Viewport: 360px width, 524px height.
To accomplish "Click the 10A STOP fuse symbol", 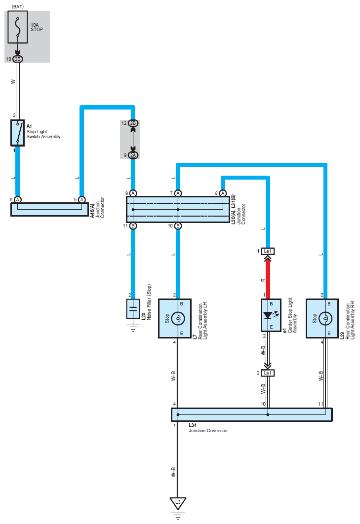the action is (18, 27).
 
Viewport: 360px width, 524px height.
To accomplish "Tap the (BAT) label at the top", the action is (18, 6).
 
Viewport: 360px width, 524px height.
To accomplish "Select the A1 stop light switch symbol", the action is (17, 133).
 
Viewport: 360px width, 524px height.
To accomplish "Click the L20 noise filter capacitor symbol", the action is (133, 309).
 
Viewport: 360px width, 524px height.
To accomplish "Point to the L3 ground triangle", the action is (178, 503).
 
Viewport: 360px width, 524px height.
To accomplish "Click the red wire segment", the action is (268, 279).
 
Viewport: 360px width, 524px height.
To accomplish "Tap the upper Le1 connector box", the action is (268, 251).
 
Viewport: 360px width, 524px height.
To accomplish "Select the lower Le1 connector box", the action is (268, 373).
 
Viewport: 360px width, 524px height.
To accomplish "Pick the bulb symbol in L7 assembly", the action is (178, 318).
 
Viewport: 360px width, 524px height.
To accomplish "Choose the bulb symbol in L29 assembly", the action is (325, 318).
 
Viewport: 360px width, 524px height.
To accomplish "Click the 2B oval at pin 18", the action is (18, 59).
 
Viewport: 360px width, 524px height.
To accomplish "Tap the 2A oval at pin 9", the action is (133, 155).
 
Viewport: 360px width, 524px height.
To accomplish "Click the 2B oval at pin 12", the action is (133, 123).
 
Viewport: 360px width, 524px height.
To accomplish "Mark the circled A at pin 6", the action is (18, 199).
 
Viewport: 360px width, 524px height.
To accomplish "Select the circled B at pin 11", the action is (133, 226).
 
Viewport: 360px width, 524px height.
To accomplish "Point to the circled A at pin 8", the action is (223, 193).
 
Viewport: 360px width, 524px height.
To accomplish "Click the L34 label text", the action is (193, 425).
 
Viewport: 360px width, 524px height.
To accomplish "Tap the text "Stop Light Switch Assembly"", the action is (43, 134).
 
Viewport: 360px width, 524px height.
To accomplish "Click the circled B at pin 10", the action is (178, 226).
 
